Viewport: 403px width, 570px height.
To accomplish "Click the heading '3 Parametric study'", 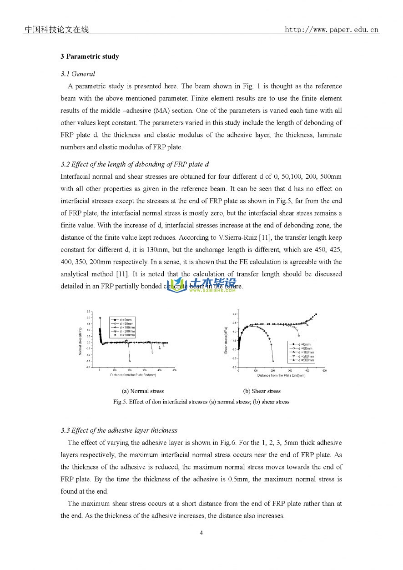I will pos(90,56).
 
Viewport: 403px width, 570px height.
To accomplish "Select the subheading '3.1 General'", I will pos(78,74).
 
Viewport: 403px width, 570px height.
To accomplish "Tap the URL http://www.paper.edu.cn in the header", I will pos(332,30).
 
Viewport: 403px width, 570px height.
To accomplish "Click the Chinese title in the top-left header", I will pos(56,30).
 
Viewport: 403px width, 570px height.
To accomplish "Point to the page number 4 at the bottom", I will pos(201,533).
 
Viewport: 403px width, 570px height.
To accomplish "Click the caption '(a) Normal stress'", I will pos(143,391).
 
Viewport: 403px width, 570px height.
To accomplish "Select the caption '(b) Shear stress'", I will pos(262,391).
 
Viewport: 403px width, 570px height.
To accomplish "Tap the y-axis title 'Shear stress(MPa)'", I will pos(226,340).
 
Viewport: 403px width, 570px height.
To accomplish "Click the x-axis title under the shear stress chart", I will pos(281,375).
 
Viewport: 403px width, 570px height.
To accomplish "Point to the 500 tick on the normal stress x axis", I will pos(174,370).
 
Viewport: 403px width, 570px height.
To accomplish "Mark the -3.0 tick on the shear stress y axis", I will pos(234,367).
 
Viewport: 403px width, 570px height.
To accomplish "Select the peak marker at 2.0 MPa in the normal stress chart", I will pos(100,318).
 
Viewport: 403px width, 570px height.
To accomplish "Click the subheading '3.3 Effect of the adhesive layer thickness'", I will pos(119,430).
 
